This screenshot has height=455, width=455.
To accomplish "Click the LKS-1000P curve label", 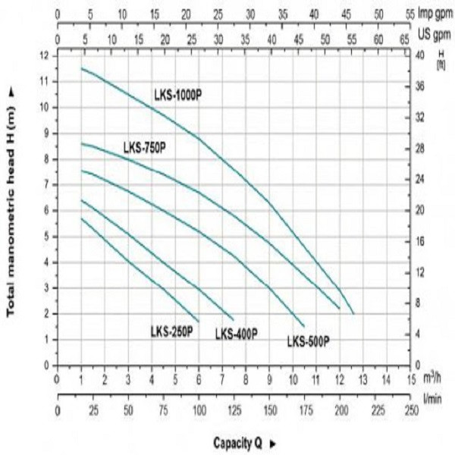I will [178, 94].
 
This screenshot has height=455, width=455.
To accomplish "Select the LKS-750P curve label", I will [144, 146].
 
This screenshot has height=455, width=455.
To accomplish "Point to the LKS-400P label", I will [236, 334].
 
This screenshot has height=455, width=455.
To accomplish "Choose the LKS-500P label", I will [308, 342].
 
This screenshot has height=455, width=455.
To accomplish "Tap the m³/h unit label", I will [433, 378].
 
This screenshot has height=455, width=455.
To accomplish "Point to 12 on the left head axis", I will [45, 55].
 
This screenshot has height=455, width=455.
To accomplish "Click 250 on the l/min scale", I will [410, 409].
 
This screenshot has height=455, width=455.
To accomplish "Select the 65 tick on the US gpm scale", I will [403, 38].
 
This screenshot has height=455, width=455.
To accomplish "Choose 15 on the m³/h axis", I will [410, 378].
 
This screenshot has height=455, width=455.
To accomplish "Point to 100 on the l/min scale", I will [199, 409].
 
